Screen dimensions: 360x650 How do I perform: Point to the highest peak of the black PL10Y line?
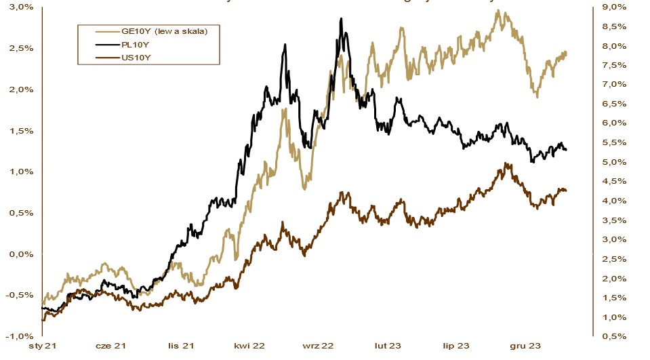[341, 19]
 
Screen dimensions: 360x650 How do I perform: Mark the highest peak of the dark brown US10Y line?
[506, 163]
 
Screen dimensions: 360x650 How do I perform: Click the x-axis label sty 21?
[41, 346]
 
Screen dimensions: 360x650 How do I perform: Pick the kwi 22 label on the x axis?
[249, 346]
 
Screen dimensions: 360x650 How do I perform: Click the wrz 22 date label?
[319, 346]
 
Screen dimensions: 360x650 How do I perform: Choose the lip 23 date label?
[457, 346]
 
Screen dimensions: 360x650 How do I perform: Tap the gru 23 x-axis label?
[526, 346]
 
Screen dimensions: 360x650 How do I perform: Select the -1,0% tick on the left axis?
[21, 336]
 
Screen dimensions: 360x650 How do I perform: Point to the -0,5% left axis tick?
[21, 295]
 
